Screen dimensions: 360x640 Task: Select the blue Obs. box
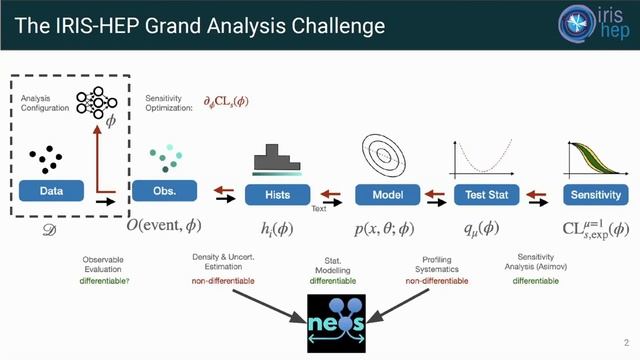coord(165,192)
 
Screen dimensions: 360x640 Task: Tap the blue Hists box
coord(277,193)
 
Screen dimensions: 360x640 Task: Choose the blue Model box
coord(386,193)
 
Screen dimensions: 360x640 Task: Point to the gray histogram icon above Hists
coord(277,156)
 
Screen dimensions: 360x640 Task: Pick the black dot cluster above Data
coord(47,158)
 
